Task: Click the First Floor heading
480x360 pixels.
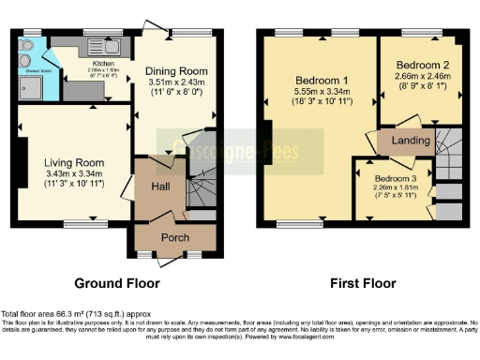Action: click(x=361, y=282)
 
